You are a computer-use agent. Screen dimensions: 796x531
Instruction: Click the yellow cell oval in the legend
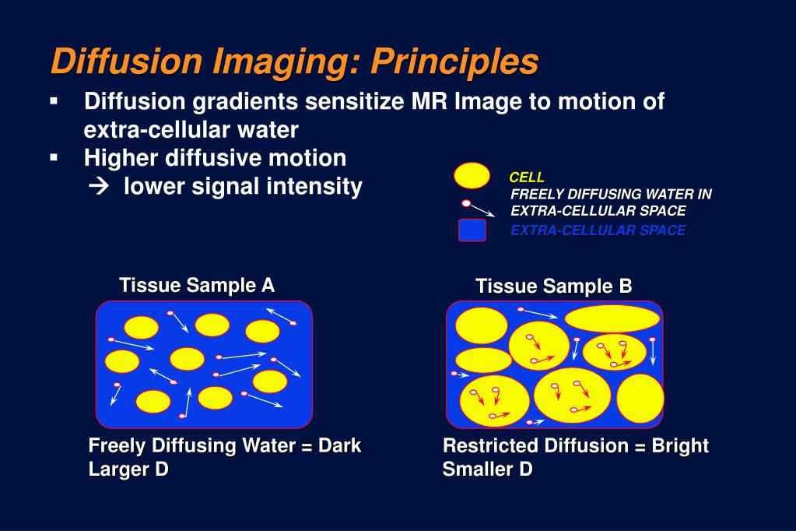click(x=472, y=176)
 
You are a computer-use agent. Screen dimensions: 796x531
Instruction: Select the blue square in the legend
click(x=472, y=230)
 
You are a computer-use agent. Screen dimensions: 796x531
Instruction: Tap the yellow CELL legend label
click(x=527, y=178)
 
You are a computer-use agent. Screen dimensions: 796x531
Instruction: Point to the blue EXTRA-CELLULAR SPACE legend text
click(x=598, y=230)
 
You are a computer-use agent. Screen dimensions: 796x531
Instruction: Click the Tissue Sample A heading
click(x=197, y=285)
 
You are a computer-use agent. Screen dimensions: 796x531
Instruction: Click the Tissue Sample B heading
click(x=554, y=287)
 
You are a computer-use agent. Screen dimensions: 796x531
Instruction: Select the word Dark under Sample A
click(x=340, y=446)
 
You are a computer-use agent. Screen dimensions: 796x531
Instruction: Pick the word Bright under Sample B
click(x=680, y=446)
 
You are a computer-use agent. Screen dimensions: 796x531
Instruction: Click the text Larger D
click(x=128, y=469)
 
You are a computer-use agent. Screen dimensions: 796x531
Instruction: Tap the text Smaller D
click(x=488, y=469)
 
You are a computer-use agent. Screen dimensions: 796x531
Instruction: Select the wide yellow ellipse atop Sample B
click(x=612, y=318)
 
